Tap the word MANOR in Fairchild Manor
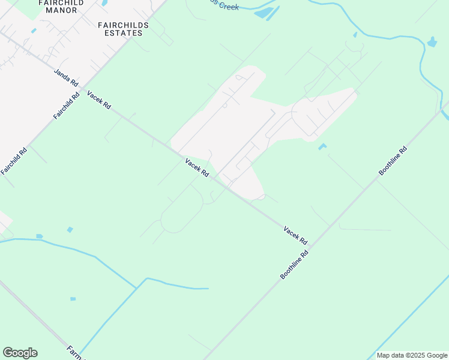pos(61,10)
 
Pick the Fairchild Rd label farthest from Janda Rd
pos(14,161)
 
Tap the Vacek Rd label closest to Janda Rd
pos(99,100)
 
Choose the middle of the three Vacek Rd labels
pos(197,167)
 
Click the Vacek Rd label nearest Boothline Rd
pos(295,235)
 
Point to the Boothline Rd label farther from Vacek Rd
pos(393,161)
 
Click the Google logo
pos(20,353)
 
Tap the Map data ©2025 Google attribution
pos(412,355)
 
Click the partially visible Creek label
pos(226,6)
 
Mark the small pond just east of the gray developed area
pos(322,146)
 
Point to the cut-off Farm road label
pos(73,350)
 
